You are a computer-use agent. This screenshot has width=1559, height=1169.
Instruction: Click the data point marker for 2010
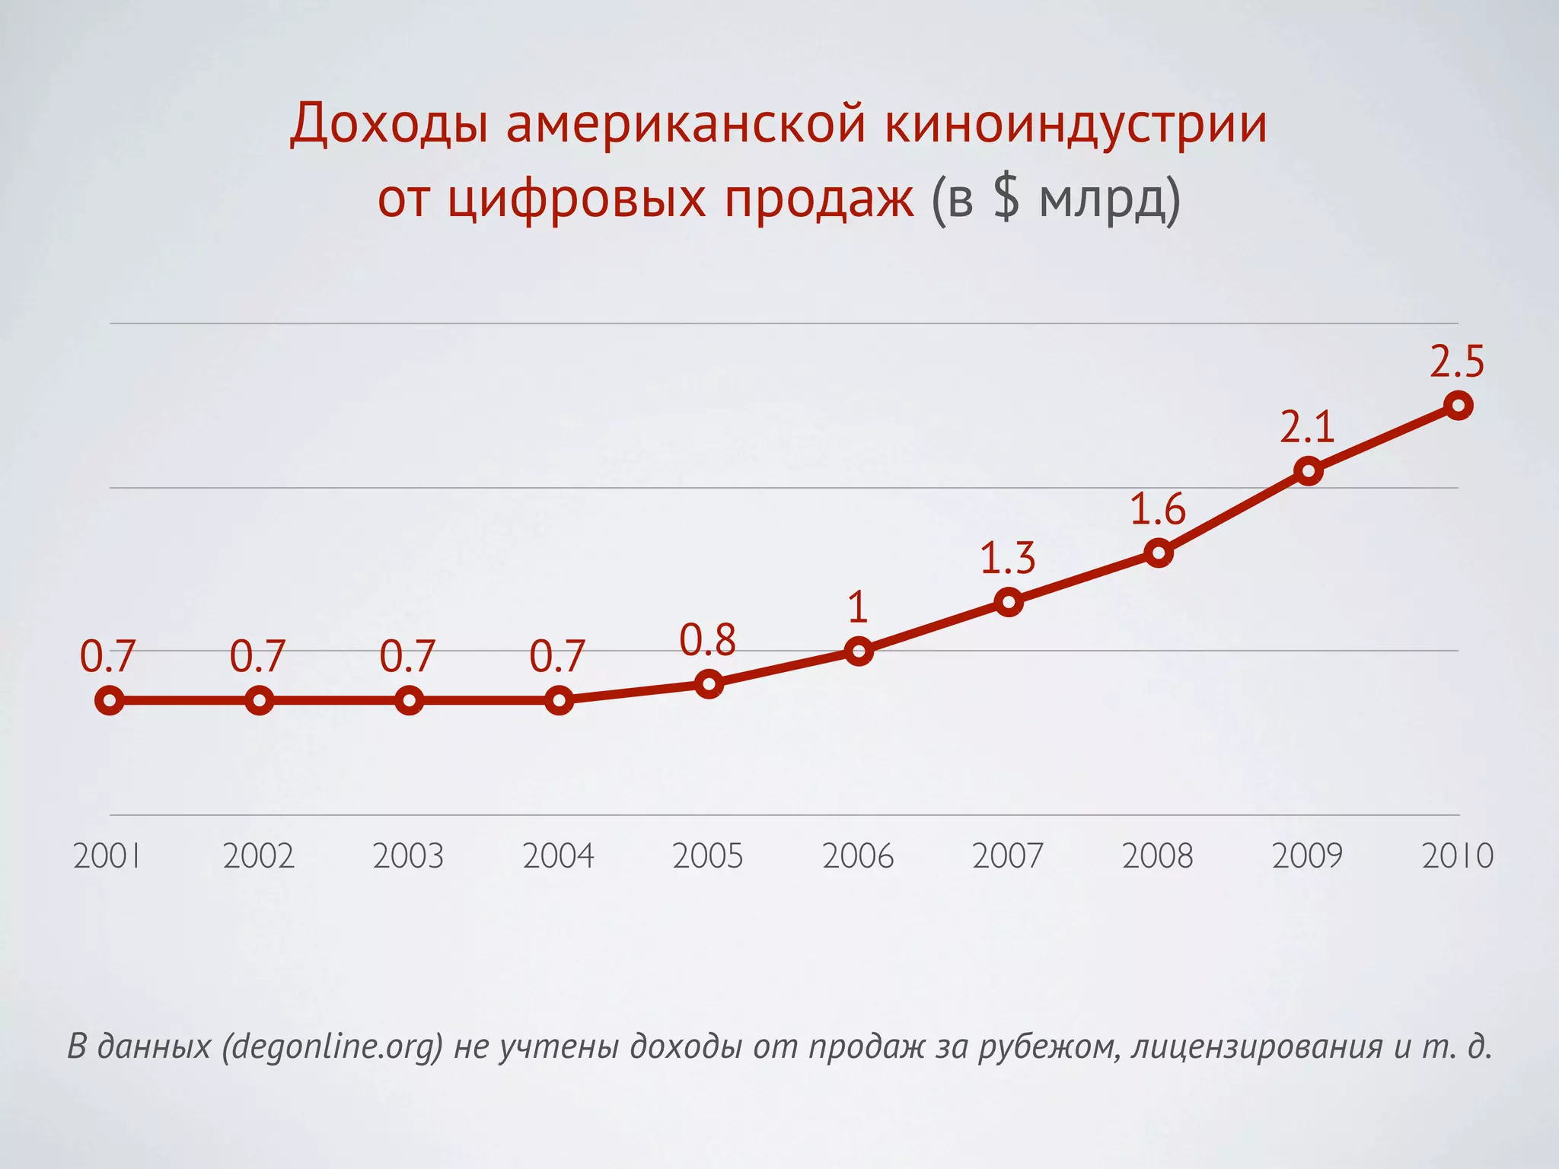tap(1458, 406)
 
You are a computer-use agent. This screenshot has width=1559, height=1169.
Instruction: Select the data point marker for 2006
tap(859, 651)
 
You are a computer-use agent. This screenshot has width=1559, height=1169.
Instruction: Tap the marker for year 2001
tap(110, 700)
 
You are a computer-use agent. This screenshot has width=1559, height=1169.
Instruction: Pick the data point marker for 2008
tap(1159, 553)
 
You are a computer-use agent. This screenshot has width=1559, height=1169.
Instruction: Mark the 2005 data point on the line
tap(709, 683)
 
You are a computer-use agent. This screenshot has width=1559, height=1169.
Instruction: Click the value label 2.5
tap(1457, 362)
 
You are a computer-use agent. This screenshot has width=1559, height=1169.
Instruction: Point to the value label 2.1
tap(1307, 428)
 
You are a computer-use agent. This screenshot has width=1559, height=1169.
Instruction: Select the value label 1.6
tap(1157, 509)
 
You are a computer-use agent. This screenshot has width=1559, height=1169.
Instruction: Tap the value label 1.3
tap(1007, 559)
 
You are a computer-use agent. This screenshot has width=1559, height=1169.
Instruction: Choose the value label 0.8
tap(707, 640)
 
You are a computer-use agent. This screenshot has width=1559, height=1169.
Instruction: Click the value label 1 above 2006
tap(858, 607)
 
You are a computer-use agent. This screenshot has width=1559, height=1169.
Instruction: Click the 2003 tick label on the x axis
tap(408, 856)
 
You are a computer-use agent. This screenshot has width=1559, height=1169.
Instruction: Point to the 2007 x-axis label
tap(1007, 856)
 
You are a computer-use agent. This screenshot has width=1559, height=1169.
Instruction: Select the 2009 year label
tap(1307, 856)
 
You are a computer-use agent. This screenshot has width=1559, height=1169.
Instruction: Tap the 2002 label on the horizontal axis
tap(258, 856)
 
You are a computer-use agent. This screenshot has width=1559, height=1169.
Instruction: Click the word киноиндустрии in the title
tap(1076, 124)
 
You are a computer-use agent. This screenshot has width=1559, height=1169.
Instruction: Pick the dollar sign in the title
tap(1006, 199)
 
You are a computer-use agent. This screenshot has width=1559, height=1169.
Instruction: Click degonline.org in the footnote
tap(333, 1046)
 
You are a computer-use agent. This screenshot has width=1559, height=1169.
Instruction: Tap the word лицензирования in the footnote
tap(1257, 1046)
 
